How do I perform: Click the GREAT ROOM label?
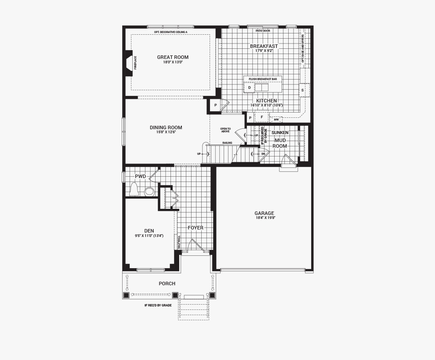[173, 57]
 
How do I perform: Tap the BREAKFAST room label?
[264, 46]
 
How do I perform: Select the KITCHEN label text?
[266, 101]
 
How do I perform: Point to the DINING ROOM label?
[166, 127]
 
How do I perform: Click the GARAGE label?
[264, 213]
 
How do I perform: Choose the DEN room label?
[149, 231]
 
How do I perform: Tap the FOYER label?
[196, 228]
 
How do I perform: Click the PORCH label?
[167, 284]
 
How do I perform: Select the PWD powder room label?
[140, 176]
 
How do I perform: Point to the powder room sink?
[149, 192]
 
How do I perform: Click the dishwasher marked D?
[249, 88]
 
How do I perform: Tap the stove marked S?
[302, 90]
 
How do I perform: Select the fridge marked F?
[261, 117]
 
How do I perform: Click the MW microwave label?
[276, 119]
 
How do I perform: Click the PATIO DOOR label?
[263, 31]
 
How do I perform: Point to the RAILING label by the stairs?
[227, 142]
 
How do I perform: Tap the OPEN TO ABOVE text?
[225, 130]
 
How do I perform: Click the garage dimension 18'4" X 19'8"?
[264, 218]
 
